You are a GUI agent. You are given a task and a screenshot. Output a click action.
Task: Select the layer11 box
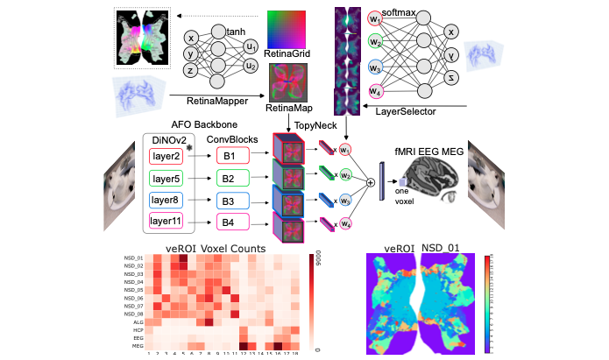(167, 220)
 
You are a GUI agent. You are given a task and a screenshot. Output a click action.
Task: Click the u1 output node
(251, 46)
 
